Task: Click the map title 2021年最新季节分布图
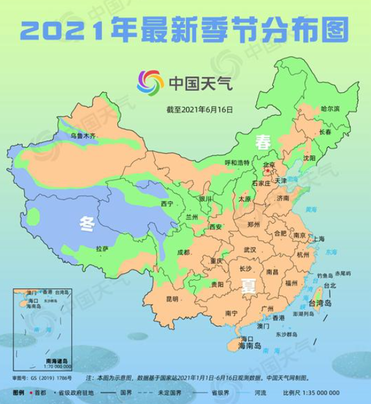[185, 27]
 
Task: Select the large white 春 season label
[262, 143]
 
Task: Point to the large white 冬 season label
[87, 223]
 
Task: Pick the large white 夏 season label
[248, 286]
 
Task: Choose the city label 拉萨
[102, 248]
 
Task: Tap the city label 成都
[185, 253]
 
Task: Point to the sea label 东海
[331, 252]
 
